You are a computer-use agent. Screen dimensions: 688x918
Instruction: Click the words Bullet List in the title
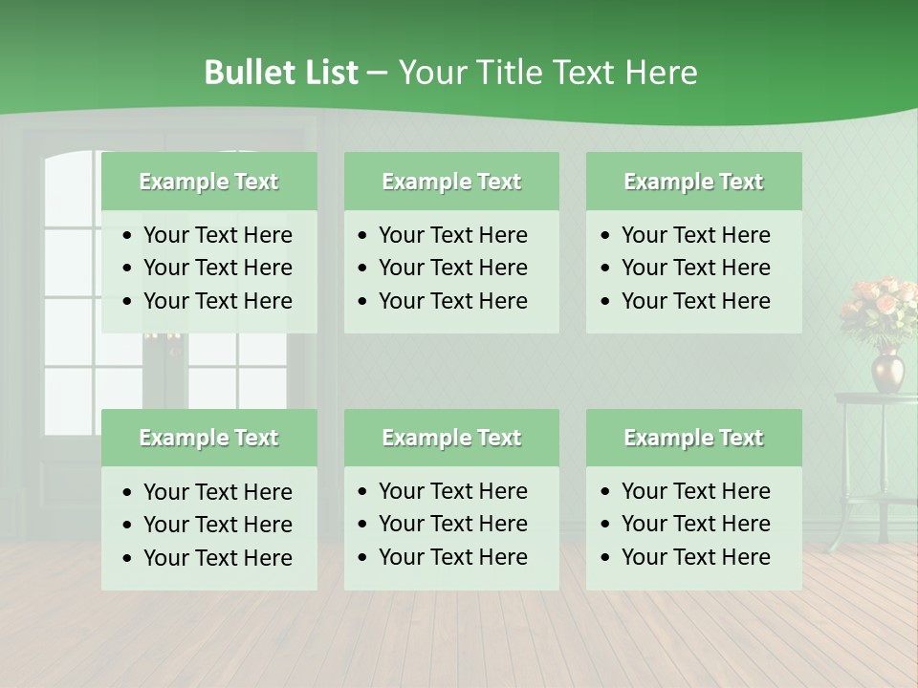point(281,73)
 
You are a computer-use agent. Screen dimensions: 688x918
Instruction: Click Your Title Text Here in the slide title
point(547,73)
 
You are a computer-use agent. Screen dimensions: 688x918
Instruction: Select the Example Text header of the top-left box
point(208,182)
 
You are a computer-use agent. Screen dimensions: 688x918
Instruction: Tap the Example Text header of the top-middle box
point(451,182)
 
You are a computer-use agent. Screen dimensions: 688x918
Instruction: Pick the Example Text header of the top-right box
point(693,182)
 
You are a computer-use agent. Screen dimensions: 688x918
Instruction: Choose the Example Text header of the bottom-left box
point(208,438)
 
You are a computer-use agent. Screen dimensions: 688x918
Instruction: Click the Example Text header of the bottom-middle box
point(451,438)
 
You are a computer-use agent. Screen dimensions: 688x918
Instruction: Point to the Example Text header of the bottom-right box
point(693,438)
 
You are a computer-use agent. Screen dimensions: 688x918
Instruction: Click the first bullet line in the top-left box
point(217,235)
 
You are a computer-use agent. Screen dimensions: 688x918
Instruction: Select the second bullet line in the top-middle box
point(452,268)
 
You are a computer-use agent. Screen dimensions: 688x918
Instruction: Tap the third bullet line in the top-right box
point(695,301)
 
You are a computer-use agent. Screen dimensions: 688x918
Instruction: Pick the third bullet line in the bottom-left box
point(217,558)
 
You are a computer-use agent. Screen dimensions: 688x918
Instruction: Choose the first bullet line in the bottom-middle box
point(452,491)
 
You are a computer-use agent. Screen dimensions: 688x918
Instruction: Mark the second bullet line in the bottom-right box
point(695,524)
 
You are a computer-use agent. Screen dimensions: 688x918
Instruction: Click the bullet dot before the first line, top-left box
point(128,236)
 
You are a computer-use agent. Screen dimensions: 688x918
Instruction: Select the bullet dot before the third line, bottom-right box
point(606,558)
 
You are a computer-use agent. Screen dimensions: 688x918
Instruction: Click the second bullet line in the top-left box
point(217,268)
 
